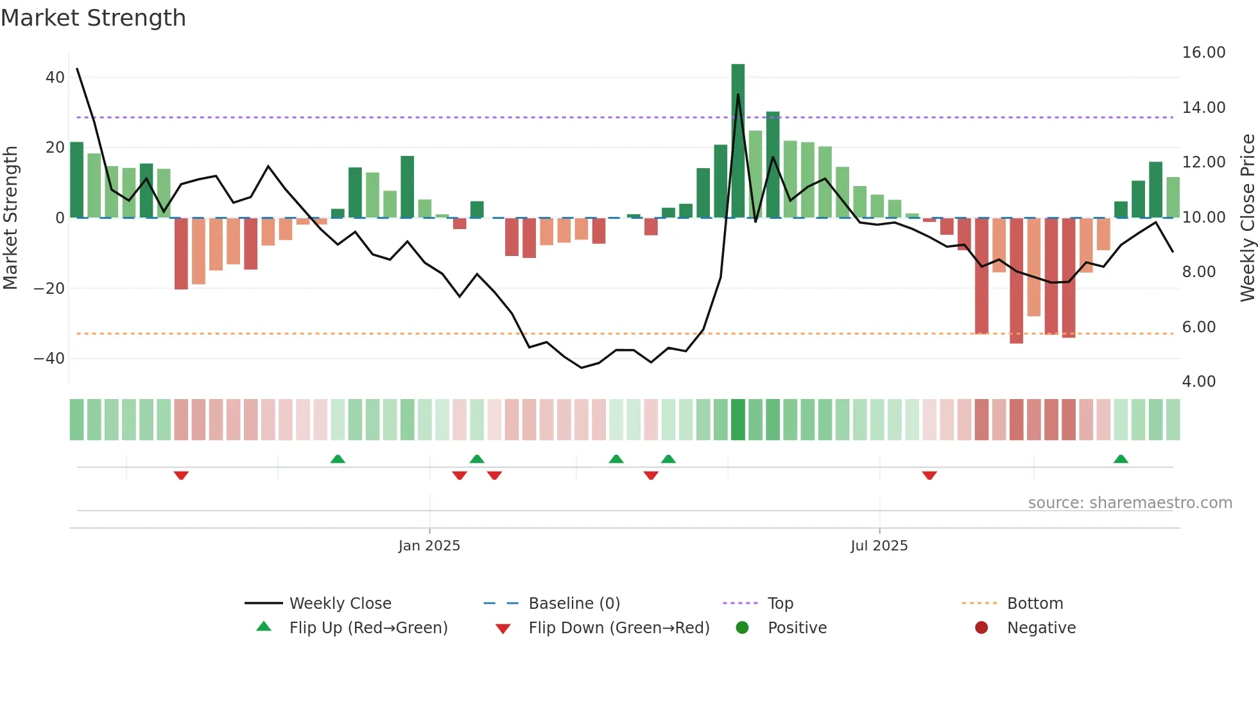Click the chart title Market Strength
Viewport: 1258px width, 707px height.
pos(94,18)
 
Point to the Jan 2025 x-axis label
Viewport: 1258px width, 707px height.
pos(429,546)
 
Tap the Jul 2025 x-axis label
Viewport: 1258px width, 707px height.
pos(879,546)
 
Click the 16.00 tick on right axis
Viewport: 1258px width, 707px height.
pos(1203,53)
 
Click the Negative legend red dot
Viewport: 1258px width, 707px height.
pos(981,628)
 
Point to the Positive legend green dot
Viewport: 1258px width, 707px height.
pos(743,628)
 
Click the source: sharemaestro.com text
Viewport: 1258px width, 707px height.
pos(1130,503)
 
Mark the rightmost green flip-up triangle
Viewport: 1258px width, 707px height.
pos(1121,459)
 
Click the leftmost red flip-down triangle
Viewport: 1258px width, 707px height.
pos(181,475)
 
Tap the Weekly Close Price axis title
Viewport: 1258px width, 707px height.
pos(1247,218)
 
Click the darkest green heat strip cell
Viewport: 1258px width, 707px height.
pos(738,420)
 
